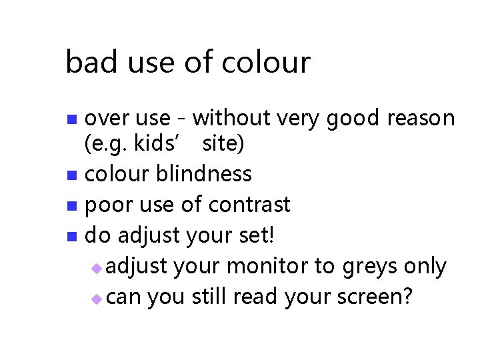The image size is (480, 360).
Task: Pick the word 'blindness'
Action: [204, 174]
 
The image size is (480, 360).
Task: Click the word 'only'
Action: [425, 266]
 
